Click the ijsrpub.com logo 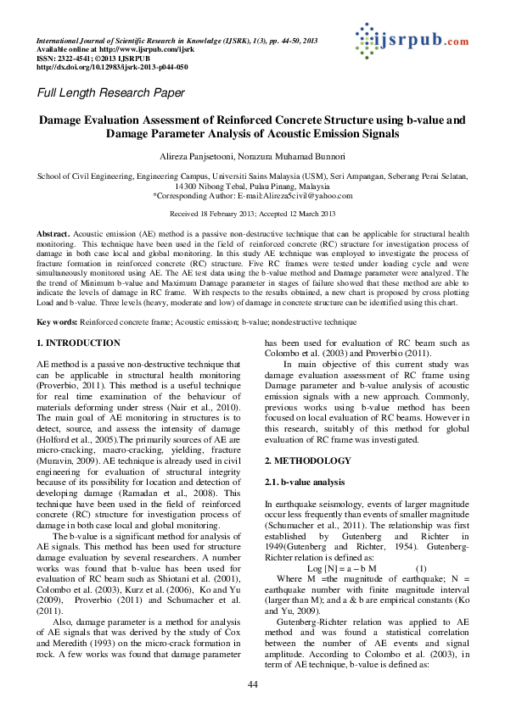coord(411,39)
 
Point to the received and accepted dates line coord(253,214)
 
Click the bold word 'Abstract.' coord(53,232)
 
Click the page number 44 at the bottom coord(252,684)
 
